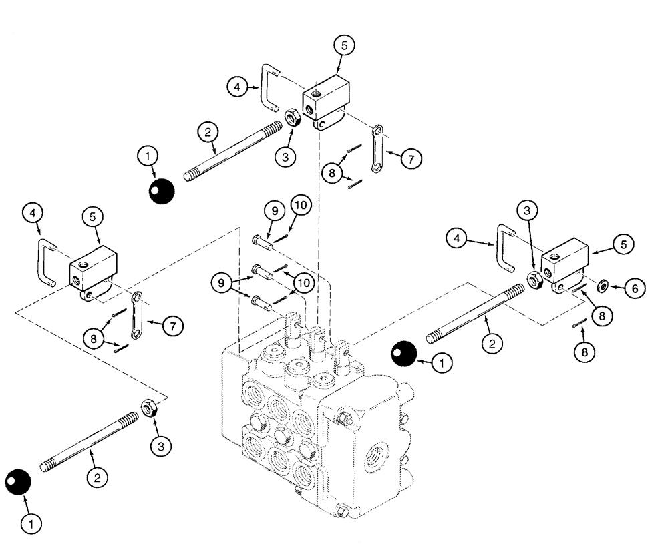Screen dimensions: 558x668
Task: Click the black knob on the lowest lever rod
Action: click(x=19, y=482)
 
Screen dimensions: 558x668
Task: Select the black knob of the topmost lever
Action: click(x=161, y=192)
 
